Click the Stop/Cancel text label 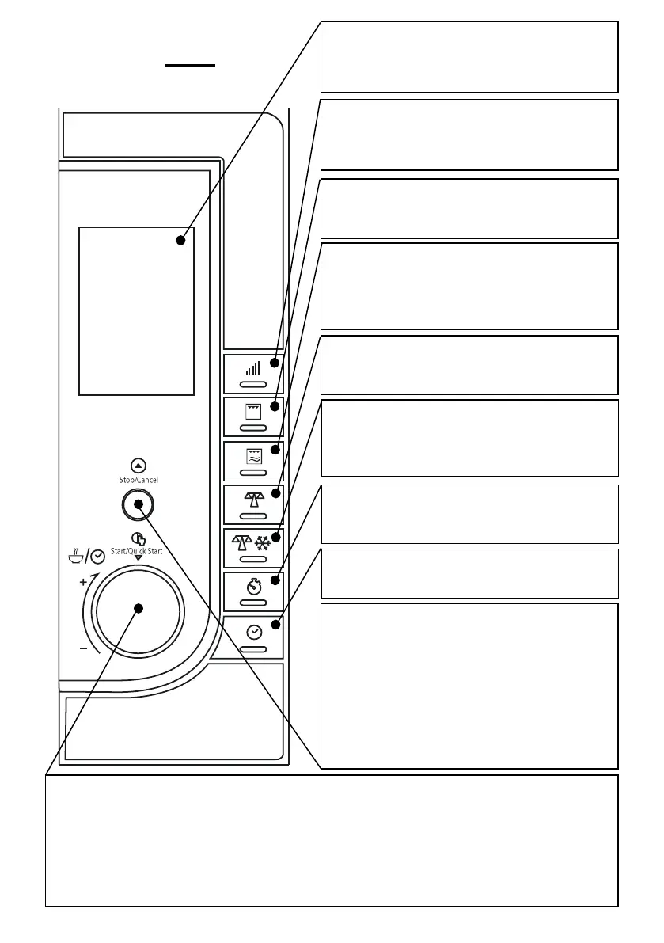(x=138, y=480)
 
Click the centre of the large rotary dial (x=138, y=608)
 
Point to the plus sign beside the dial (x=82, y=581)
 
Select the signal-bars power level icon (x=253, y=367)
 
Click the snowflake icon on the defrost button (x=261, y=540)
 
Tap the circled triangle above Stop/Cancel (x=138, y=466)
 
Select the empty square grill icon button (x=253, y=413)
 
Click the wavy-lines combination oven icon (x=253, y=454)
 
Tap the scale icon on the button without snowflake (x=253, y=497)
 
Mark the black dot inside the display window (x=180, y=240)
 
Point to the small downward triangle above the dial (x=138, y=559)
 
